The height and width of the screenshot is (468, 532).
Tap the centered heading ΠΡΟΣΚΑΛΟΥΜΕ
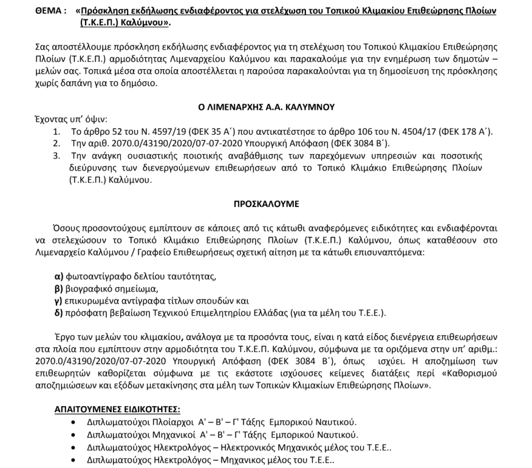pos(267,198)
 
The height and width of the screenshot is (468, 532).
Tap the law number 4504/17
pos(392,132)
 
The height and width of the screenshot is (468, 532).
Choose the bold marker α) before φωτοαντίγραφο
pos(60,277)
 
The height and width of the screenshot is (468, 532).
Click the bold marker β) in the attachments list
pos(60,289)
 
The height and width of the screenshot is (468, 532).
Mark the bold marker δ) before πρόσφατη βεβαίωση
pos(60,313)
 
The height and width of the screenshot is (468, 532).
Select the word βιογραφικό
pos(92,289)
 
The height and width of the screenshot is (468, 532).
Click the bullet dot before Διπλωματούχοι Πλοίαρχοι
pos(75,422)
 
